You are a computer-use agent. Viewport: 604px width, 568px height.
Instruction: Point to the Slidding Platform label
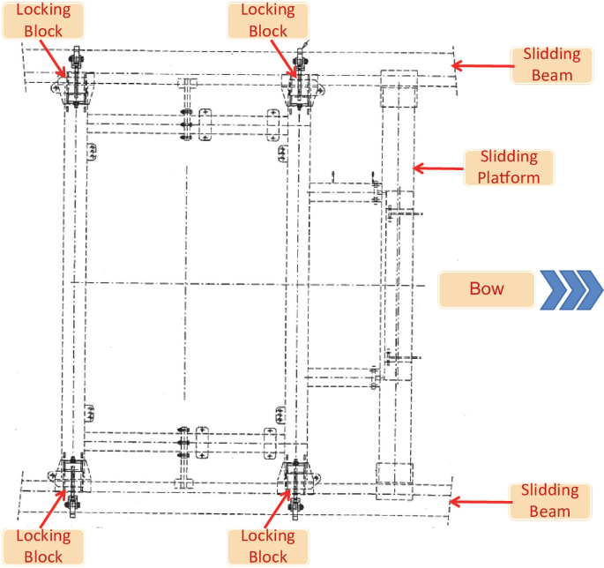click(509, 167)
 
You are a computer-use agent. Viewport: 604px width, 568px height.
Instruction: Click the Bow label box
click(487, 289)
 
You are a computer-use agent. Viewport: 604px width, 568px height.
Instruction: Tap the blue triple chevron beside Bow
click(571, 289)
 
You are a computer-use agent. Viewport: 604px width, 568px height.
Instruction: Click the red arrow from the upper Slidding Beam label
click(481, 64)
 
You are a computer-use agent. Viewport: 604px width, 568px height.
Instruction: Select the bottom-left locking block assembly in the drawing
click(72, 479)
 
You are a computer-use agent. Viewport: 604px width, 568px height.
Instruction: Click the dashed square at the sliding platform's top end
click(396, 89)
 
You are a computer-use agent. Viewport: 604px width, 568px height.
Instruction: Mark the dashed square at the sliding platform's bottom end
click(393, 482)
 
